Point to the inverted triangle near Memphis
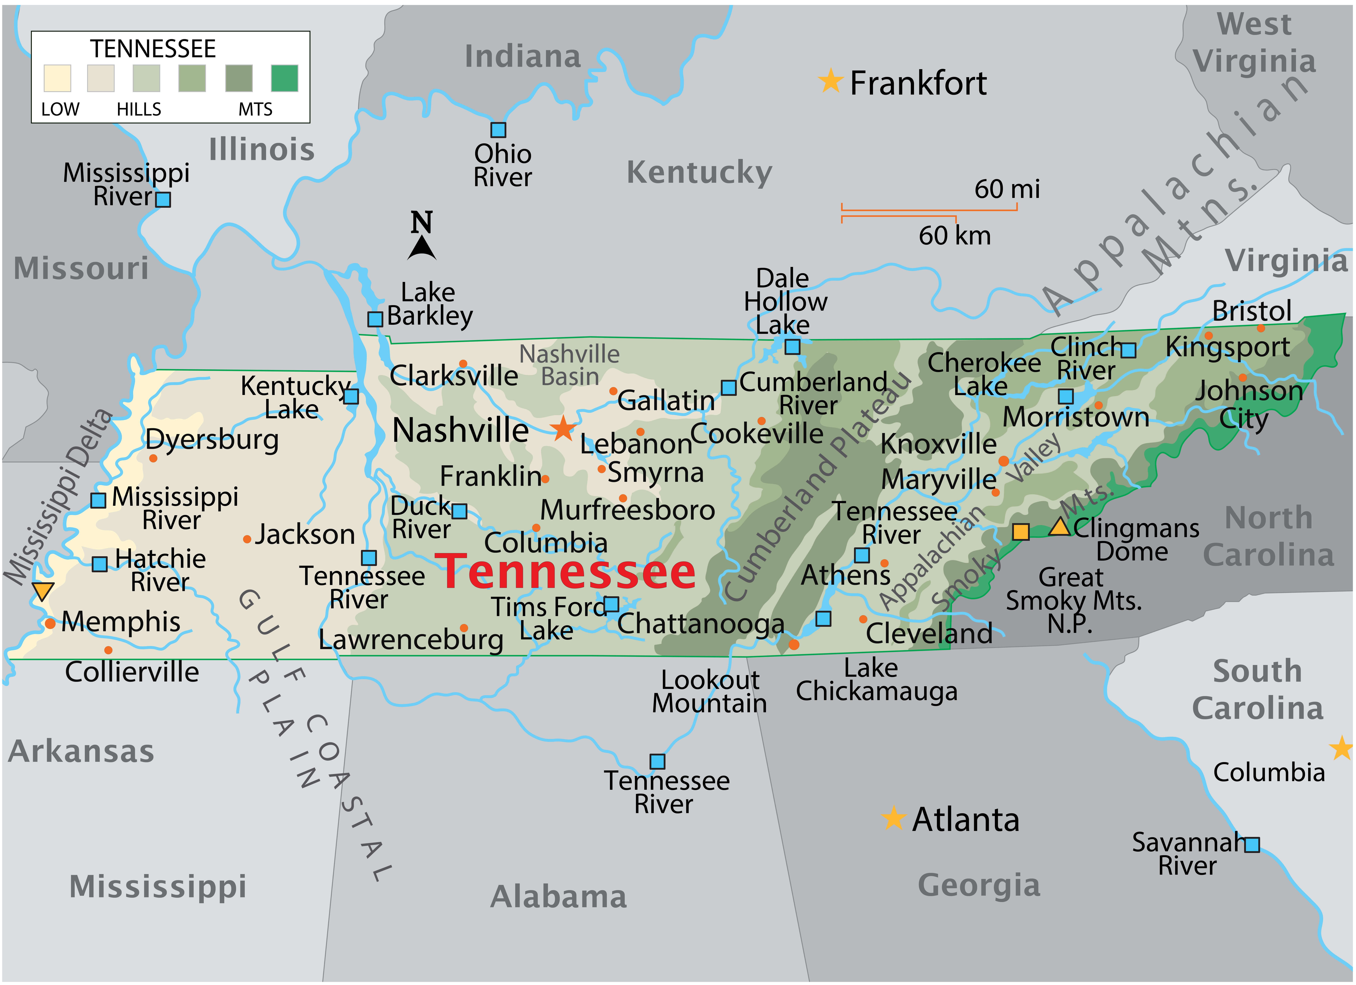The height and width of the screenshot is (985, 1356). [43, 591]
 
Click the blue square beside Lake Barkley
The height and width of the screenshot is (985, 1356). [375, 319]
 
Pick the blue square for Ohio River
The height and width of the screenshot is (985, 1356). [498, 130]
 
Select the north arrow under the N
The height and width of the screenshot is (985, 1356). [422, 248]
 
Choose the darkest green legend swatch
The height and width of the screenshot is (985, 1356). [285, 78]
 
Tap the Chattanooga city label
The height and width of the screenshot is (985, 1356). [701, 624]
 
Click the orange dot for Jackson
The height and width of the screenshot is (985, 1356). [247, 539]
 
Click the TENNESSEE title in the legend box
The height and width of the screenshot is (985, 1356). [153, 48]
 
